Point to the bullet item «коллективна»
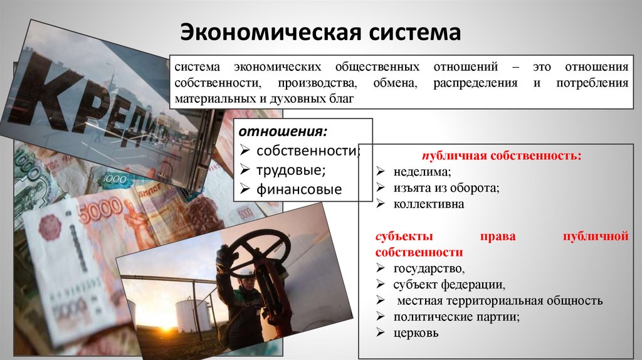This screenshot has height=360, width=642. point(429,204)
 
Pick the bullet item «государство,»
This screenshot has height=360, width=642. point(429,269)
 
